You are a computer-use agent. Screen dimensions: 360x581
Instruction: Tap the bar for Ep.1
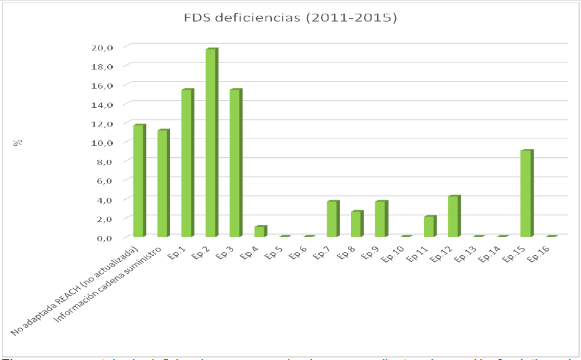click(187, 163)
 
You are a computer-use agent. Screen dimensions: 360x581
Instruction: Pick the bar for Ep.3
click(236, 163)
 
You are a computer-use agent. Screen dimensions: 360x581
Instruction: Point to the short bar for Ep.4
click(260, 231)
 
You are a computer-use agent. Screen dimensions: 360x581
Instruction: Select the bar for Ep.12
click(454, 216)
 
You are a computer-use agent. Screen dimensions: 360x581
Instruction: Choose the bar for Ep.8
click(357, 224)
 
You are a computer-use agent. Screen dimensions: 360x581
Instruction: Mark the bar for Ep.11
click(430, 226)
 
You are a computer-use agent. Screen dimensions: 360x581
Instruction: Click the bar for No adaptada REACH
click(138, 180)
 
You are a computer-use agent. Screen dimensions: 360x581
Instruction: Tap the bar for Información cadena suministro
click(163, 183)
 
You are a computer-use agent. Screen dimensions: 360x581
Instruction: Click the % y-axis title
click(19, 142)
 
